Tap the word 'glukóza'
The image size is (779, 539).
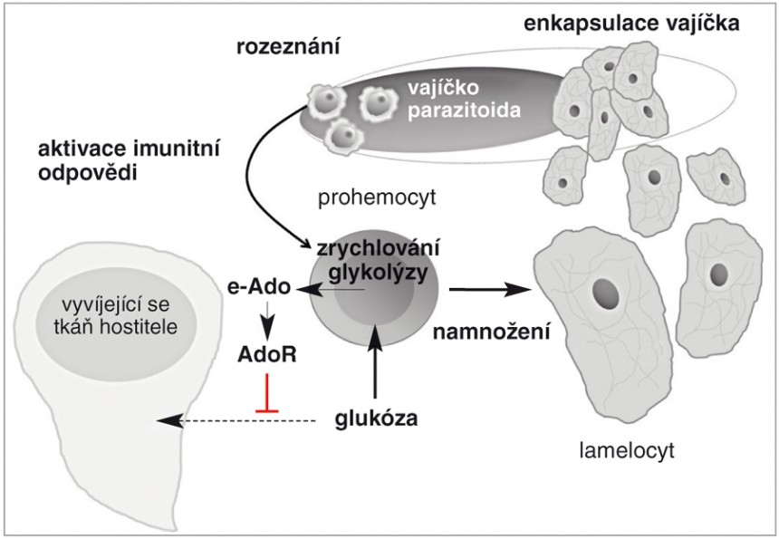coord(374,419)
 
